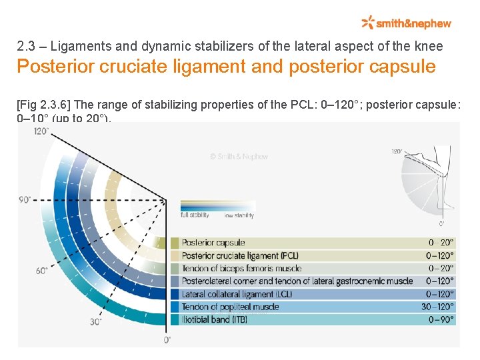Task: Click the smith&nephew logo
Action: tap(406, 23)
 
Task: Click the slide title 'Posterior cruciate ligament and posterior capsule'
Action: tap(226, 67)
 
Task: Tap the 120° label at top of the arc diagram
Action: tap(41, 131)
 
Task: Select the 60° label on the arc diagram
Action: tap(42, 271)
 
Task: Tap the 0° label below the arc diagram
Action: tap(167, 340)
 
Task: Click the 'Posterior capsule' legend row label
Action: tap(213, 243)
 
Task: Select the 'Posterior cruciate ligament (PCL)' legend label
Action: tap(240, 255)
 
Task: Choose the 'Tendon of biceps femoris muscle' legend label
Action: tap(241, 268)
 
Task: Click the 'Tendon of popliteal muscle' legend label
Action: tap(230, 307)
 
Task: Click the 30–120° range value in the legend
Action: tap(438, 307)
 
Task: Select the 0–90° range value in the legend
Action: tap(441, 319)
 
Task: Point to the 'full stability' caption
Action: tap(195, 215)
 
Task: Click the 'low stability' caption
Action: tap(239, 215)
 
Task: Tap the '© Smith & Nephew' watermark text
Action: tap(239, 157)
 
